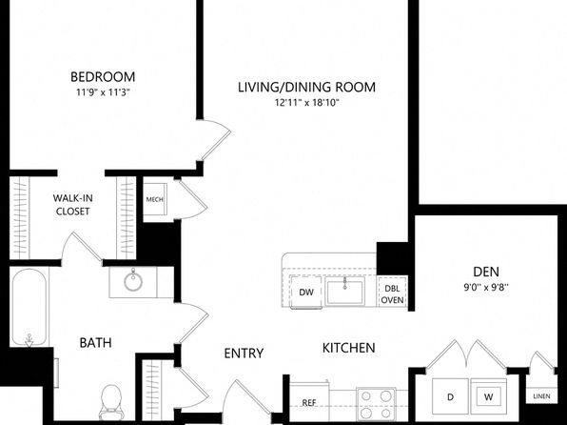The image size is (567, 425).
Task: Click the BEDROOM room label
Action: [103, 77]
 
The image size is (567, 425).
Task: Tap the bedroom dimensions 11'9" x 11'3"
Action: [103, 92]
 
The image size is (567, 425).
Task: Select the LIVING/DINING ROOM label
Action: [306, 88]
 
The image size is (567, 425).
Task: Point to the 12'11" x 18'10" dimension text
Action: [306, 103]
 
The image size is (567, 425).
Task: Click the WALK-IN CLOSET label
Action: [72, 205]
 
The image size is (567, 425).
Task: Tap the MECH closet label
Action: [154, 200]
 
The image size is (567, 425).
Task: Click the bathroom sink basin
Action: [133, 281]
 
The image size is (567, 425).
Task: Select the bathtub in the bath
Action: [29, 307]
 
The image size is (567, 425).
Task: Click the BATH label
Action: [95, 343]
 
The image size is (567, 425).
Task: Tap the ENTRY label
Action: [244, 354]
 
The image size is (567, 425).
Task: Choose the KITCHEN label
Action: [348, 348]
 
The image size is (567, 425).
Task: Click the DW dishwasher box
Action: [306, 292]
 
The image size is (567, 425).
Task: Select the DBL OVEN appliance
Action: [392, 294]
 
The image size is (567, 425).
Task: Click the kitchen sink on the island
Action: [344, 292]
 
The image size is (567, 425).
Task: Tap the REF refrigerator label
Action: [309, 402]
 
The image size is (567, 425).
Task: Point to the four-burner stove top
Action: [376, 404]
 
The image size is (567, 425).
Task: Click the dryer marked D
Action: [451, 396]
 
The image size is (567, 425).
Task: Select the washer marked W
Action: [489, 396]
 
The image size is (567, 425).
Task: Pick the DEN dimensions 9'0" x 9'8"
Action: [486, 288]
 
